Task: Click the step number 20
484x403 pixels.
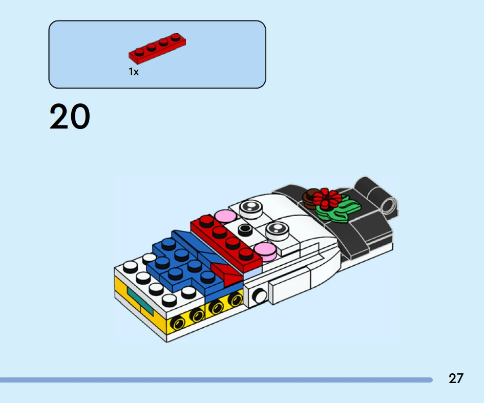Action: (70, 117)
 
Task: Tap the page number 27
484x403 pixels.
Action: (456, 378)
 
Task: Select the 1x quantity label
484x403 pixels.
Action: (134, 72)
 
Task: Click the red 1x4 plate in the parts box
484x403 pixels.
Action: (157, 48)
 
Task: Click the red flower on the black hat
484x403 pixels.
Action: (327, 198)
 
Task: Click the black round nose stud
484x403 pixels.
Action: (245, 230)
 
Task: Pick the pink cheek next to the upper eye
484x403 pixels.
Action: (225, 216)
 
